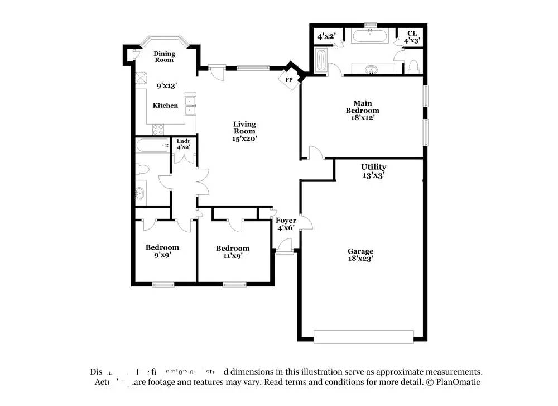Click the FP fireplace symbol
289,80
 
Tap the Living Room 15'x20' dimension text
244,138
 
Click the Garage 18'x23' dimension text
360,259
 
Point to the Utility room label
373,167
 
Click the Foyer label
286,220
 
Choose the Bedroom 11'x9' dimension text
232,256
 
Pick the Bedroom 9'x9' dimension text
162,255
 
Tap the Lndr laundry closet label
184,141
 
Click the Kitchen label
166,106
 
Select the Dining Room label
164,56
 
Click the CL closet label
412,34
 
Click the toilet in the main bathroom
413,67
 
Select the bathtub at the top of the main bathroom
371,37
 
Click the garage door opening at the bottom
364,336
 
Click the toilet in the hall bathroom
141,169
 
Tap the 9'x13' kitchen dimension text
166,85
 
